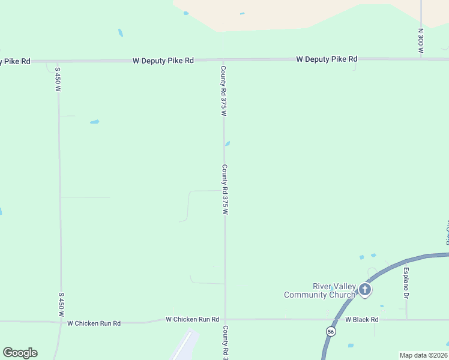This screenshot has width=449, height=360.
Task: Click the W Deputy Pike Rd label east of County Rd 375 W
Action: tap(327, 59)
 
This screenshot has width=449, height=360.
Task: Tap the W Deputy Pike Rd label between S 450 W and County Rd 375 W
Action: tap(163, 61)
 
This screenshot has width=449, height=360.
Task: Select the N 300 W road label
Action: tap(421, 43)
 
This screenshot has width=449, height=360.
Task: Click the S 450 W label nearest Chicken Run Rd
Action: tap(61, 305)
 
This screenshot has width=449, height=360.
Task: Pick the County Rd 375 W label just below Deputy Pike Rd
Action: tap(223, 91)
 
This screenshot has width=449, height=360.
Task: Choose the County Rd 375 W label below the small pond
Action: tap(225, 190)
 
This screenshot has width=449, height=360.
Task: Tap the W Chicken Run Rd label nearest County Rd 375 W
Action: tap(192, 320)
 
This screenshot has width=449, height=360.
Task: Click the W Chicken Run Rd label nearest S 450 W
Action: tap(94, 323)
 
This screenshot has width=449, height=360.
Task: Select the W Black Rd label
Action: tap(362, 320)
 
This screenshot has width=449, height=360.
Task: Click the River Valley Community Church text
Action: tap(320, 290)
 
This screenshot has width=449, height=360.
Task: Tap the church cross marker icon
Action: tap(364, 290)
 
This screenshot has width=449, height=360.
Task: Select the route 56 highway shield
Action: tap(331, 331)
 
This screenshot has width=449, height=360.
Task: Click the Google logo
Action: tap(20, 353)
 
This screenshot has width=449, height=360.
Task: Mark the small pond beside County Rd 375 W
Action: tap(227, 143)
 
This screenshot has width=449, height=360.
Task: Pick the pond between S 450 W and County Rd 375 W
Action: tap(94, 122)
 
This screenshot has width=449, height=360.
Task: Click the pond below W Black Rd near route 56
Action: tap(351, 346)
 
